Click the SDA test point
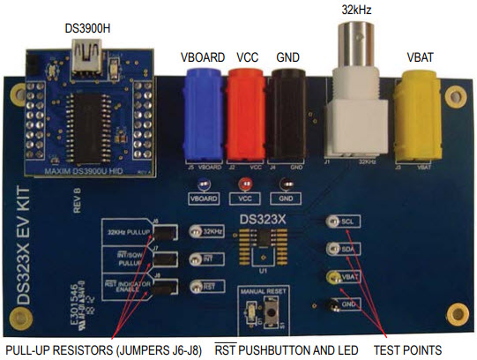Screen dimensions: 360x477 coord(333,251)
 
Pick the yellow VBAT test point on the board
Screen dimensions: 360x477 coord(333,278)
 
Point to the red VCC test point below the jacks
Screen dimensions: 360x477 coord(246,185)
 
